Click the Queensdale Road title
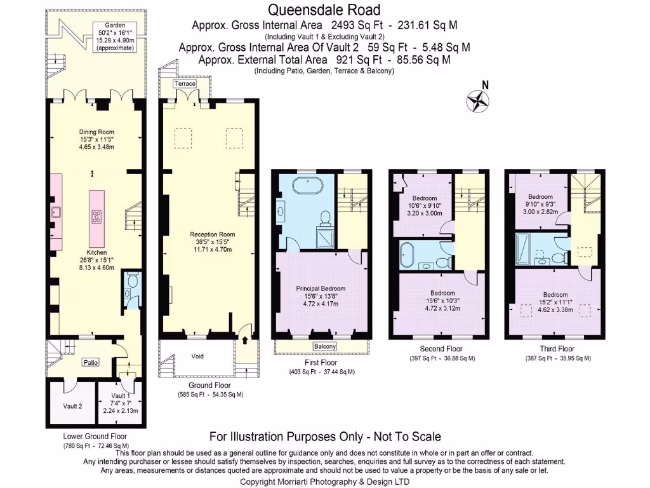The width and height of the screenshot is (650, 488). point(324,10)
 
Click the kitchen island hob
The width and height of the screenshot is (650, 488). point(97,216)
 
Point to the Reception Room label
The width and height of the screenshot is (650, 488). point(213,234)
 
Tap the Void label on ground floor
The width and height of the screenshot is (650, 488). point(198,356)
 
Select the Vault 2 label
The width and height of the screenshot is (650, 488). point(72,406)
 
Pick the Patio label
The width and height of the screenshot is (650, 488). point(91,363)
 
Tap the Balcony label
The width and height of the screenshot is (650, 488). point(324,346)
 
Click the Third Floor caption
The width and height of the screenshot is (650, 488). point(557,349)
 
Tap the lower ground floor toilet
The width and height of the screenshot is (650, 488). point(132,280)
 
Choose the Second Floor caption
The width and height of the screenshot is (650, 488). point(441,349)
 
